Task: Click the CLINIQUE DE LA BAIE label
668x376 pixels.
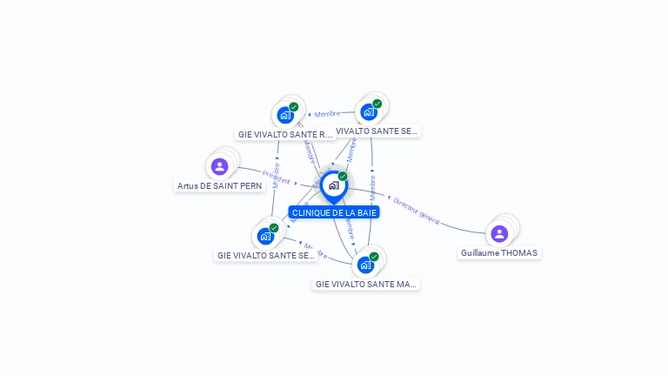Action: pyautogui.click(x=334, y=212)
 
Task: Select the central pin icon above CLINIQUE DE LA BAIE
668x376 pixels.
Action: pyautogui.click(x=333, y=185)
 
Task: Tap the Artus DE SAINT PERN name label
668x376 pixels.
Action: pyautogui.click(x=219, y=185)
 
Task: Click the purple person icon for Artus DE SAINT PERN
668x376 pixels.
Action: pyautogui.click(x=219, y=166)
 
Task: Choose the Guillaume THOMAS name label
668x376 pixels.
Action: pyautogui.click(x=499, y=252)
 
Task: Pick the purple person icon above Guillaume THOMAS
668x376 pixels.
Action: pyautogui.click(x=499, y=233)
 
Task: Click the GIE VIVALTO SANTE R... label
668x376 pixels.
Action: pyautogui.click(x=285, y=135)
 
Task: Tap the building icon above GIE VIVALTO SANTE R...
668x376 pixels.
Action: pyautogui.click(x=285, y=115)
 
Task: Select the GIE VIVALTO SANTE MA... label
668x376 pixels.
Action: pyautogui.click(x=365, y=284)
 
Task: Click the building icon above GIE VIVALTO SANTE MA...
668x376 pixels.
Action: pyautogui.click(x=365, y=265)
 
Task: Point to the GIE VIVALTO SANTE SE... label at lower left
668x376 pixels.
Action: pyautogui.click(x=265, y=255)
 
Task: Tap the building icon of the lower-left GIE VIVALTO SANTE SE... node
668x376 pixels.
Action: pyautogui.click(x=265, y=236)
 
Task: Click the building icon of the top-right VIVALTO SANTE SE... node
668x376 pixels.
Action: pyautogui.click(x=369, y=111)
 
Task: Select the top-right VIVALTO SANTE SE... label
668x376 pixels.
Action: pyautogui.click(x=376, y=131)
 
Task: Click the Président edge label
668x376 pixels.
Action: pyautogui.click(x=276, y=178)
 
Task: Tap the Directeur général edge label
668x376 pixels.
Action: pyautogui.click(x=417, y=210)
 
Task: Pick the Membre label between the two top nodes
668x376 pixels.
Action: pyautogui.click(x=327, y=113)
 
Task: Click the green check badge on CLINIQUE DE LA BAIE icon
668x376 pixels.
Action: pyautogui.click(x=343, y=177)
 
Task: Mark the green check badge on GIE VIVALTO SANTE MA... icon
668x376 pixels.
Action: pyautogui.click(x=374, y=257)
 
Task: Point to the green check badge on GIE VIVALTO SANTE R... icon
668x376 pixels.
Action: pyautogui.click(x=294, y=107)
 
